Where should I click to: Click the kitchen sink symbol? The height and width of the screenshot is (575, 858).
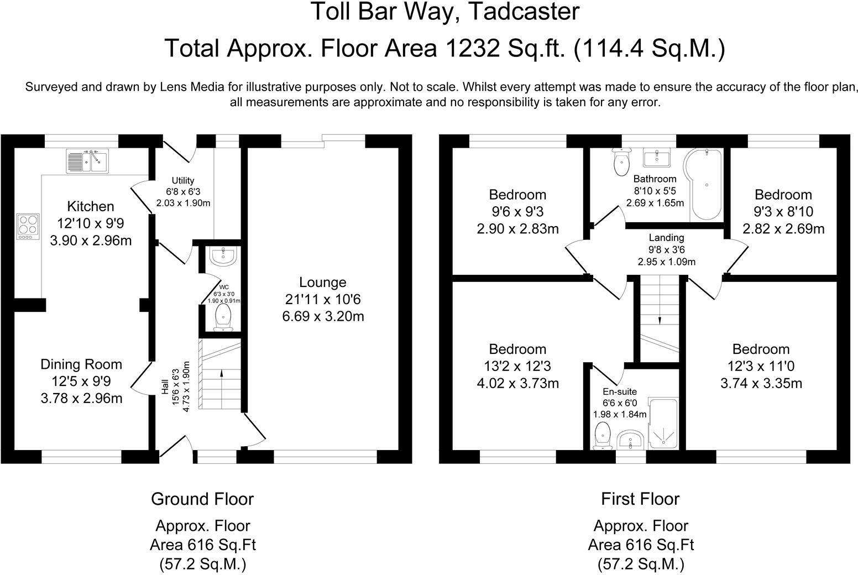pos(87,160)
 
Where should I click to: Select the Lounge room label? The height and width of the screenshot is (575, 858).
pos(323,282)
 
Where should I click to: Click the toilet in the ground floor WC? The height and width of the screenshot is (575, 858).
pos(223,317)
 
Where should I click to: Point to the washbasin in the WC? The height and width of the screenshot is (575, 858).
pos(223,256)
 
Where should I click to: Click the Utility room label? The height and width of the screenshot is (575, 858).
pos(183,180)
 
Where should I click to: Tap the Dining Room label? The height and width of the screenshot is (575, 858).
pos(81,364)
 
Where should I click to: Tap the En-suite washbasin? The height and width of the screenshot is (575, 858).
pos(630,440)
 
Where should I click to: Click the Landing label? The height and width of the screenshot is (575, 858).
pos(666,238)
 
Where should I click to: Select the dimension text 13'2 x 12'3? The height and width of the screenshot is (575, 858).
pos(517,366)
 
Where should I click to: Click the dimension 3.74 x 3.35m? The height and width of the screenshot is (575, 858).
pos(761,383)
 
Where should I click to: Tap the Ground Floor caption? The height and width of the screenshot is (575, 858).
pos(202,499)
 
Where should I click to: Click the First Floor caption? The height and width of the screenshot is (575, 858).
pos(640,499)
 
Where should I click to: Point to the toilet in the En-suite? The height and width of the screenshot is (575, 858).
pos(601,435)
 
